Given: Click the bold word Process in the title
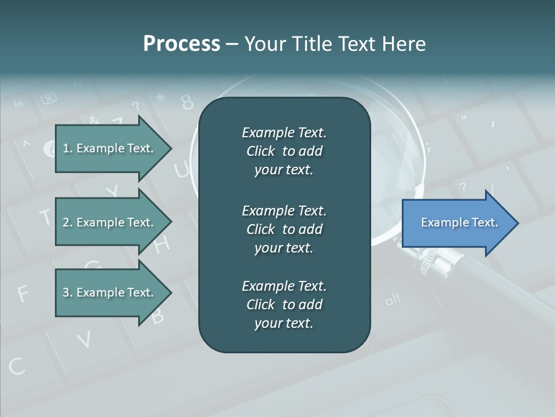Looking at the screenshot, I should pyautogui.click(x=182, y=44).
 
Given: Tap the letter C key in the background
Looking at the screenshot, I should pyautogui.click(x=16, y=366).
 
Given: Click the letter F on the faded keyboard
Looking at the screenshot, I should pyautogui.click(x=22, y=294).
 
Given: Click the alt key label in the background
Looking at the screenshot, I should pyautogui.click(x=393, y=300).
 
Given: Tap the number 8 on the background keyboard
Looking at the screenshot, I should pyautogui.click(x=187, y=102).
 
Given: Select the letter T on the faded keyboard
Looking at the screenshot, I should pyautogui.click(x=45, y=217).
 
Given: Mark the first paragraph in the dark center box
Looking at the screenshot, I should pyautogui.click(x=284, y=151).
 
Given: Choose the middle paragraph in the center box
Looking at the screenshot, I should pyautogui.click(x=284, y=229).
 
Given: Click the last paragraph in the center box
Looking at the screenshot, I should pyautogui.click(x=284, y=305).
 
